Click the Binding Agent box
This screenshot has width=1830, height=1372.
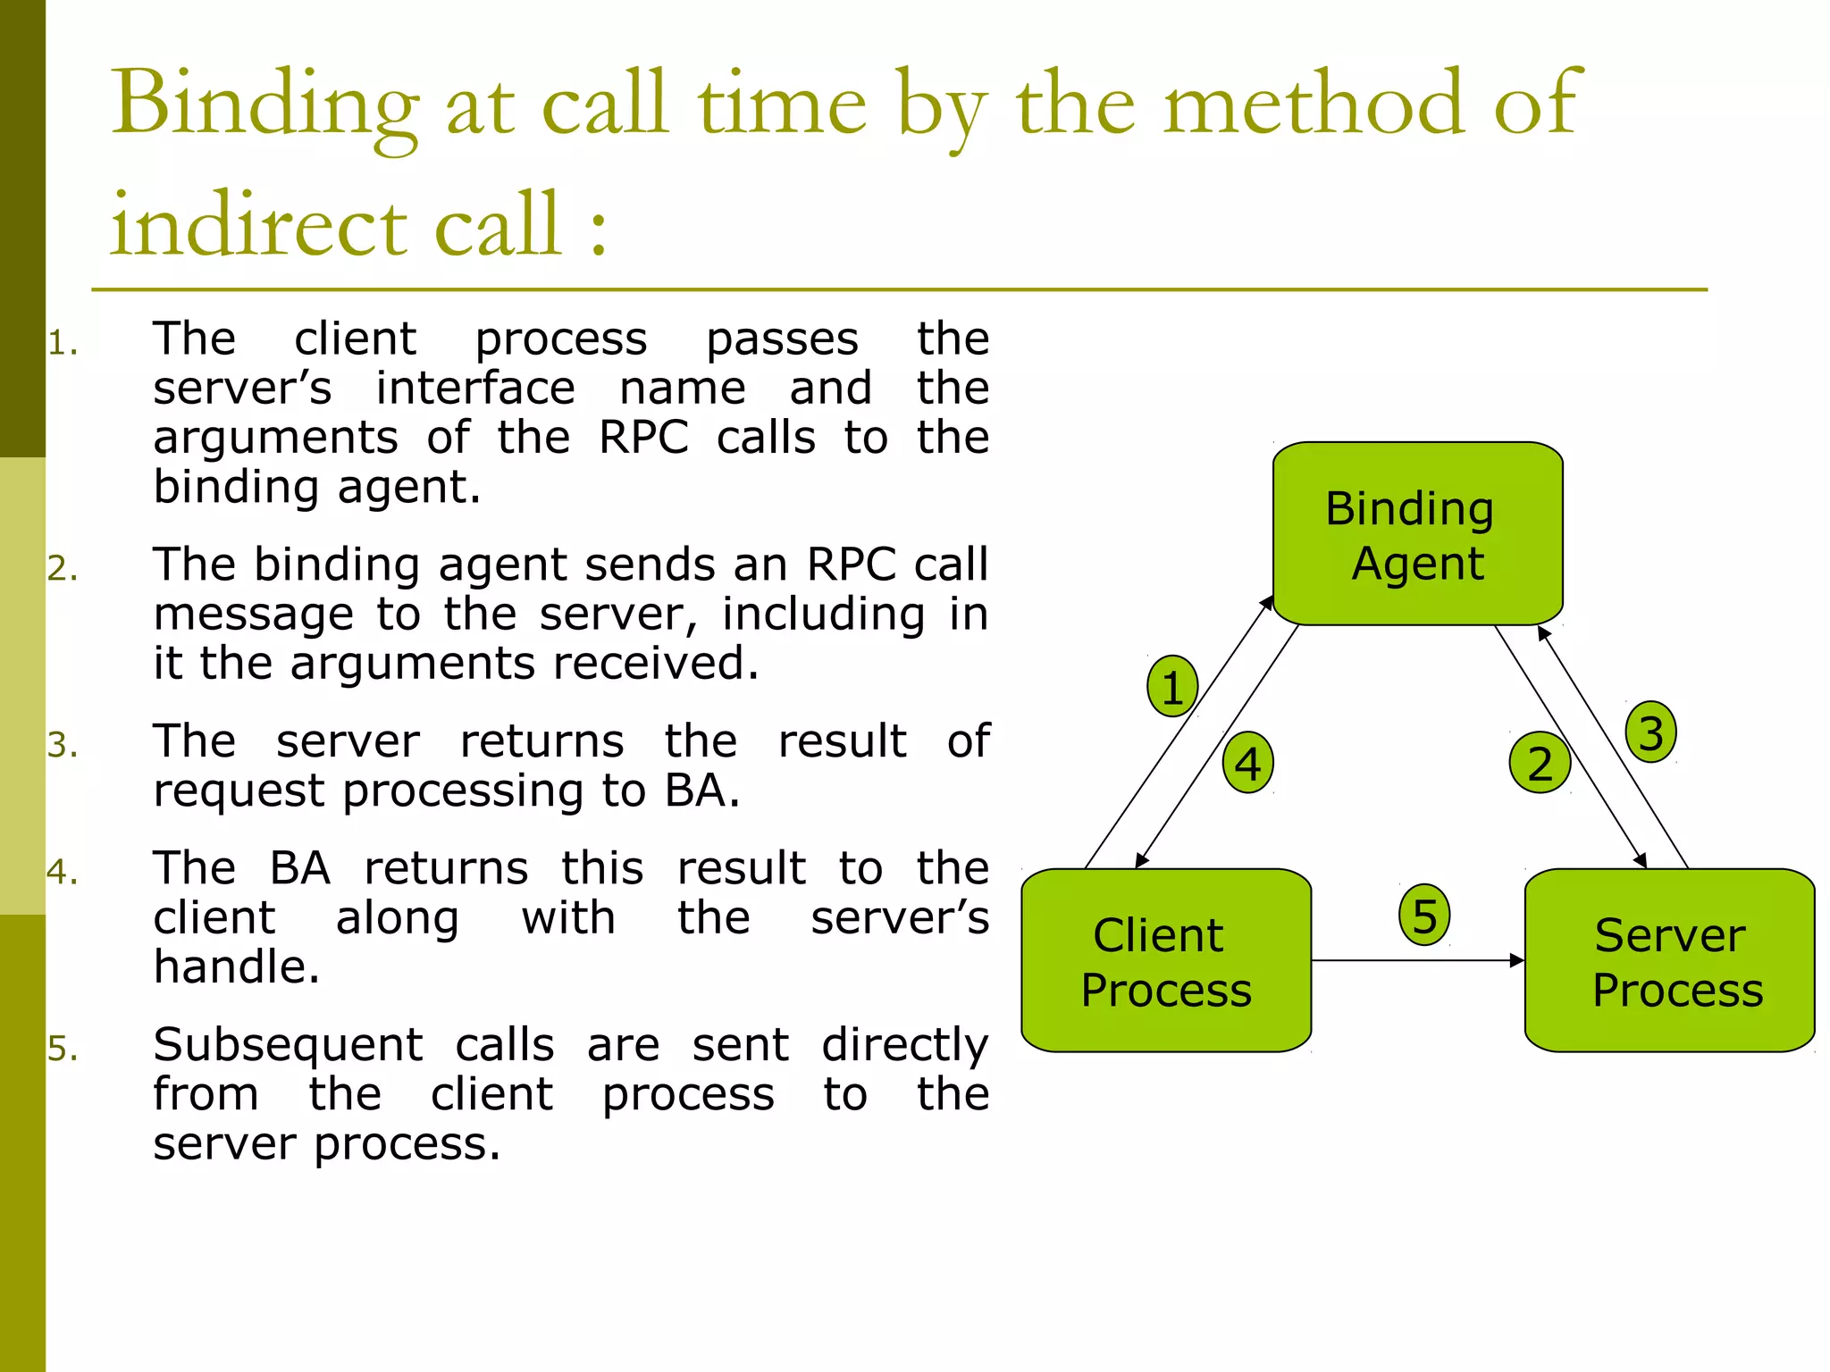click(x=1417, y=533)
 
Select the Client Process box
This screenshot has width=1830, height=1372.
click(x=1166, y=960)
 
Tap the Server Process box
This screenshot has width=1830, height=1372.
click(x=1669, y=960)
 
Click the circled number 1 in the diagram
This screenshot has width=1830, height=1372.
click(x=1172, y=687)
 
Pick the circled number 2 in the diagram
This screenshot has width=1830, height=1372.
click(x=1540, y=764)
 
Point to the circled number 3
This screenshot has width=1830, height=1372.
click(x=1650, y=732)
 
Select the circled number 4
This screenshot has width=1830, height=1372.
click(x=1247, y=764)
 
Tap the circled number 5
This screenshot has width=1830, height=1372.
click(x=1424, y=916)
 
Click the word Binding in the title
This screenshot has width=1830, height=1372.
click(x=265, y=105)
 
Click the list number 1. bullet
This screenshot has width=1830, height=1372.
click(x=63, y=344)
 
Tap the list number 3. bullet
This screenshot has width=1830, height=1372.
click(x=63, y=745)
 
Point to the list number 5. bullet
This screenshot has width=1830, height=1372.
click(x=63, y=1049)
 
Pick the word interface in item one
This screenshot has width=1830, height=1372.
click(x=474, y=389)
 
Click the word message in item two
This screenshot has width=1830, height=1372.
click(x=253, y=615)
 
